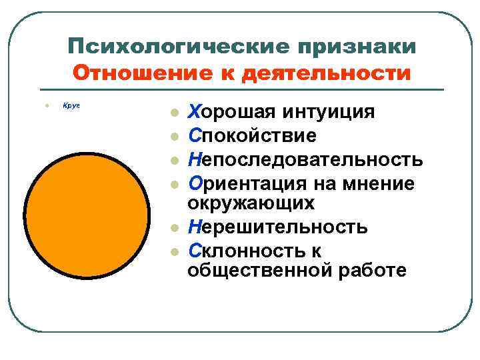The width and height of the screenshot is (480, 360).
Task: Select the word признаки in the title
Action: (358, 47)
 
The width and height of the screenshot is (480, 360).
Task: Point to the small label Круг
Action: (71, 105)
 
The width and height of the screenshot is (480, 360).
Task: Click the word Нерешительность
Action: (277, 227)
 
